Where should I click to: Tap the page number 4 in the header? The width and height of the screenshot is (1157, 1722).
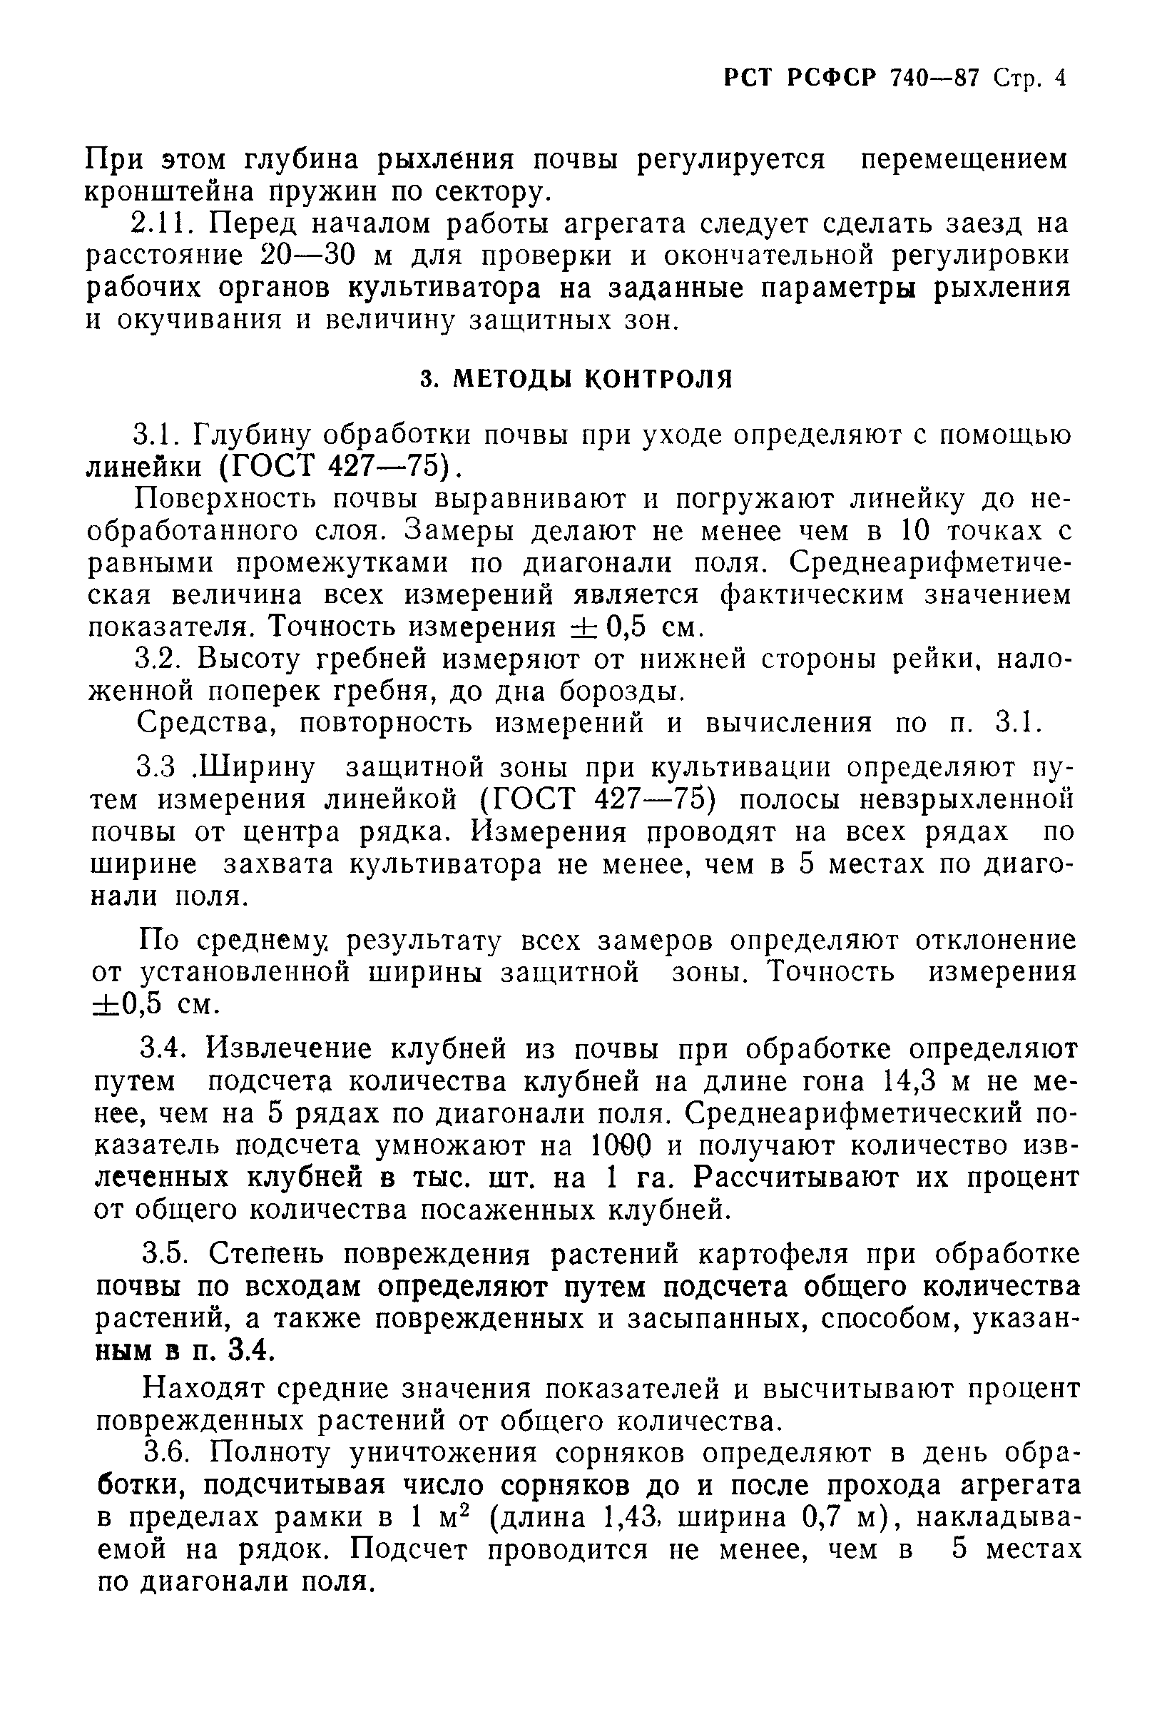(x=1060, y=78)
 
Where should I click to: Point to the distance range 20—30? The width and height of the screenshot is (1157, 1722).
(x=310, y=256)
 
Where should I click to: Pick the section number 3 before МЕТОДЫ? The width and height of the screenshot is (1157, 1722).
(x=425, y=380)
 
